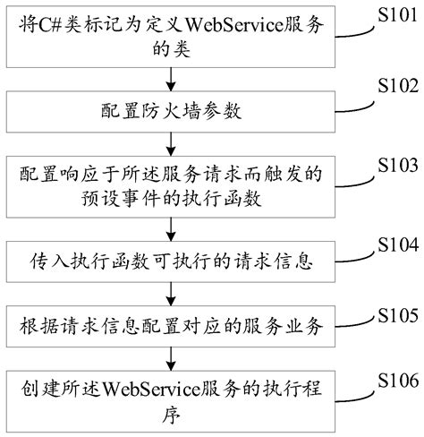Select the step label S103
395,167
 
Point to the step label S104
395,244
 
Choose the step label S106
395,382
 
